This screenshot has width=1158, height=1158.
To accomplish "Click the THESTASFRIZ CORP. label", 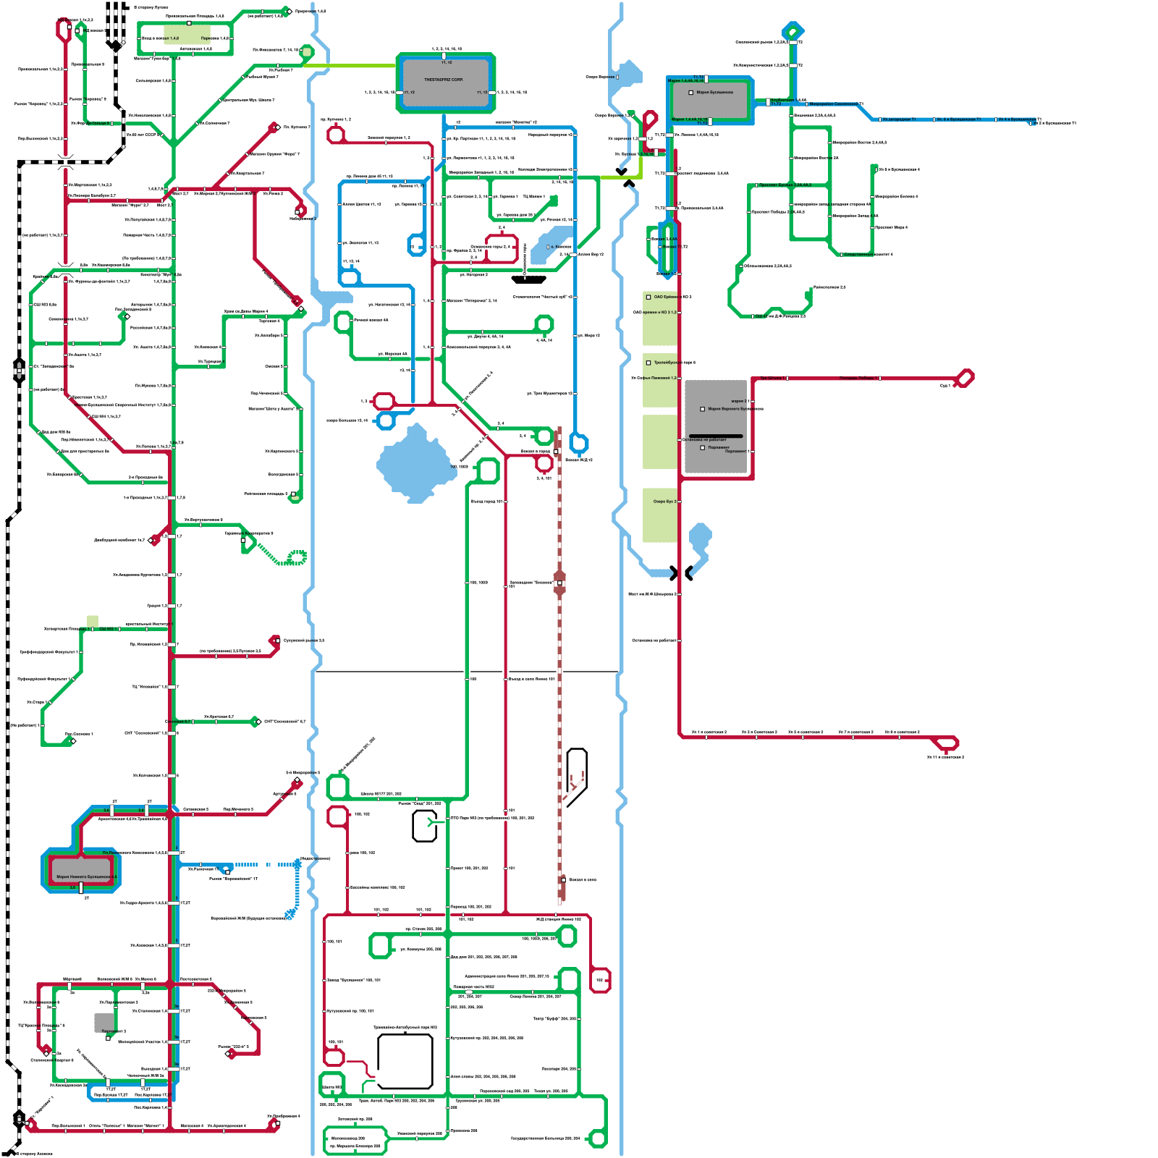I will point(444,80).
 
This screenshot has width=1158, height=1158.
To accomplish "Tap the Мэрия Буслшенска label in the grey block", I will point(714,93).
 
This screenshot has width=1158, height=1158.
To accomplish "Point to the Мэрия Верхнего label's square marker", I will point(702,409).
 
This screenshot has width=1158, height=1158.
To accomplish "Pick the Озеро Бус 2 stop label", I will point(664,501).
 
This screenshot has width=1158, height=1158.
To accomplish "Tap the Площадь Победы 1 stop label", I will point(858,378).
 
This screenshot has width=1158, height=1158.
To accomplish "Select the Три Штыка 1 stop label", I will point(772,378).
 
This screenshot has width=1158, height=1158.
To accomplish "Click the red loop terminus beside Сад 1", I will point(965,378).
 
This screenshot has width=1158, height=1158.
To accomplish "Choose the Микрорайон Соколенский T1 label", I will point(836,104).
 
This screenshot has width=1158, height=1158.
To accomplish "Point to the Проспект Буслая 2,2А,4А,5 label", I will point(785,185).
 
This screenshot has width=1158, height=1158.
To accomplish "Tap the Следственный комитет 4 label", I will point(868,255).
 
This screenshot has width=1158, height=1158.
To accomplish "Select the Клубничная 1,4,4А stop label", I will point(788,101).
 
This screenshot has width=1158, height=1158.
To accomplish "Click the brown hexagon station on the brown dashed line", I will point(559,582).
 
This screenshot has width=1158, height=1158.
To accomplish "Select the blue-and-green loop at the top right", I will point(793,31).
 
